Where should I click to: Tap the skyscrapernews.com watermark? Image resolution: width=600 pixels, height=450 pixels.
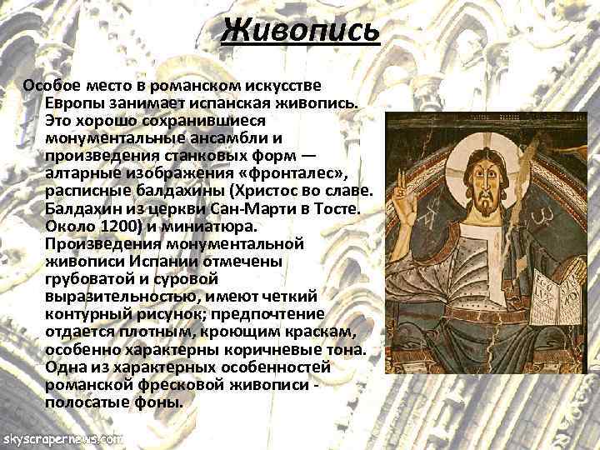coord(62,437)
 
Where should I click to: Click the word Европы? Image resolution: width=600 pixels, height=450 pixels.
coord(75,102)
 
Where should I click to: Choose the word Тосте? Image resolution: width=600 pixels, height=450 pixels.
coord(336,207)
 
